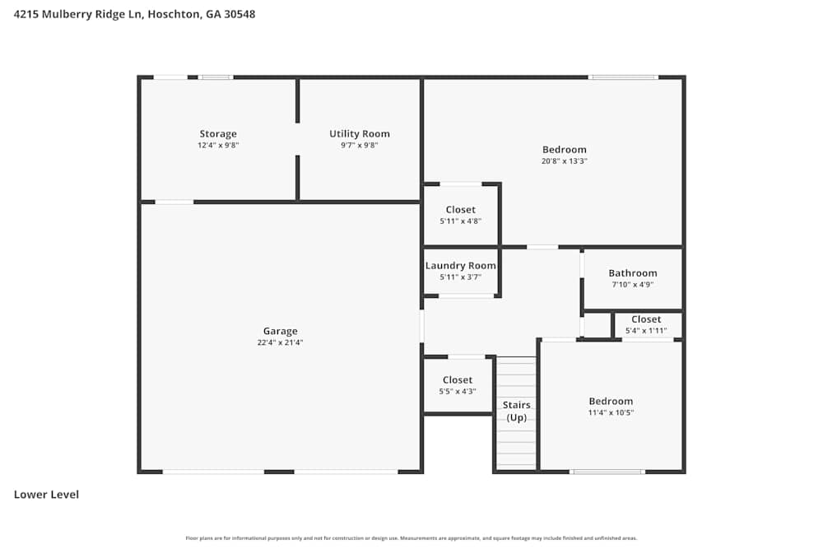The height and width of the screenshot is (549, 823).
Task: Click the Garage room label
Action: pos(280,332)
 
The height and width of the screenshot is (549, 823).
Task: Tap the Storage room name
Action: pos(218,134)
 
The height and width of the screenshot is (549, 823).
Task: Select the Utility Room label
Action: pos(360,134)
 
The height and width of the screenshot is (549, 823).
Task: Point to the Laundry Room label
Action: pos(460,266)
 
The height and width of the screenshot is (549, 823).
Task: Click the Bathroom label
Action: pos(632,273)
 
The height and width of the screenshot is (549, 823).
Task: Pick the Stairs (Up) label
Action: pos(517,412)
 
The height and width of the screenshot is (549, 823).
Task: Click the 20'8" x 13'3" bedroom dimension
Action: pos(565,161)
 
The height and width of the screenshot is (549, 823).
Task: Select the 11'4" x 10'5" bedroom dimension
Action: pos(611,412)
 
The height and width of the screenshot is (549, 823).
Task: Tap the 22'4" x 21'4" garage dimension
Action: pos(280,343)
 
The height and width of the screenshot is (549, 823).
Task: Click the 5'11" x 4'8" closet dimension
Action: pos(460,221)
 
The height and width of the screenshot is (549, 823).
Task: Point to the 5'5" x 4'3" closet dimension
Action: pos(457,391)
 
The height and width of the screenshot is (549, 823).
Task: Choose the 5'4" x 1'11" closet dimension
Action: pos(646,331)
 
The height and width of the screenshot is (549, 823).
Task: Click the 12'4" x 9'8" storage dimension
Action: pos(218,145)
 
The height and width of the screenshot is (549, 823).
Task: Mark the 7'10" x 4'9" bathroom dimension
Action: pos(632,285)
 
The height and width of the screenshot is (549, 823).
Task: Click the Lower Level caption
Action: pos(46,495)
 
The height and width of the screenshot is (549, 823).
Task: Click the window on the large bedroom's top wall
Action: pos(623,77)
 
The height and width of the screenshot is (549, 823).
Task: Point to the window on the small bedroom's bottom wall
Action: pos(607,472)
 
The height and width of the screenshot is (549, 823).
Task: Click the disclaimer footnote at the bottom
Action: pos(411,538)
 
